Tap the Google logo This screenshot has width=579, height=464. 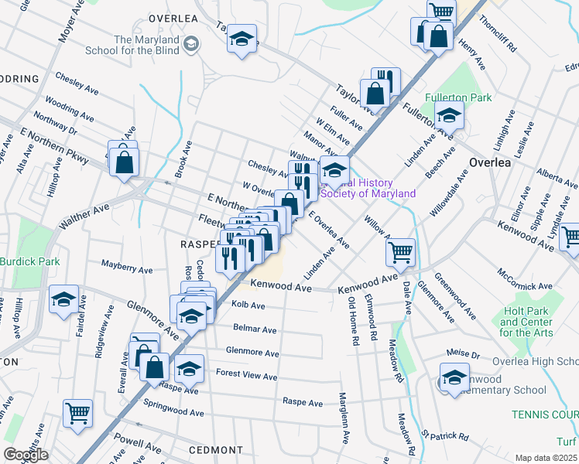click(x=26, y=455)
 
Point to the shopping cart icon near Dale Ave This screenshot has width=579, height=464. click(x=400, y=251)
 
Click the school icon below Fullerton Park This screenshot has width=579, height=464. click(x=448, y=116)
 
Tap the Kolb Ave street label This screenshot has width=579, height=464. click(x=248, y=306)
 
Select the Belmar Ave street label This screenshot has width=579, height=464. click(x=255, y=329)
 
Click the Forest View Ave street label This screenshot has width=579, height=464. click(x=246, y=377)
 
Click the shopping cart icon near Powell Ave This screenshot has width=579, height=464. click(x=77, y=414)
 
